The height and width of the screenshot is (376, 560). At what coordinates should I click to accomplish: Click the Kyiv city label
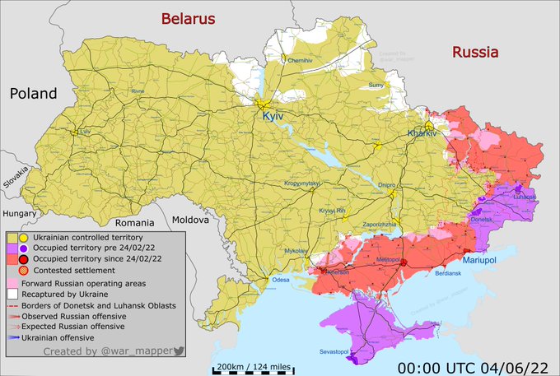point(273,118)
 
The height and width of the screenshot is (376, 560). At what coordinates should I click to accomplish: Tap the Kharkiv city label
point(421,133)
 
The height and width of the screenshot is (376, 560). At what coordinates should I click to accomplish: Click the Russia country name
point(475,52)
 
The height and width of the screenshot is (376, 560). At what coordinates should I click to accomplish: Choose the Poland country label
point(33,93)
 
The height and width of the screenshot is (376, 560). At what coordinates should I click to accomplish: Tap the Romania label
point(134,223)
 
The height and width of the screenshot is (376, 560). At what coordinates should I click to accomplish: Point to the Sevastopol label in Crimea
point(338,354)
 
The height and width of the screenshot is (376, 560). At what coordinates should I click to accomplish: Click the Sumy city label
point(376,85)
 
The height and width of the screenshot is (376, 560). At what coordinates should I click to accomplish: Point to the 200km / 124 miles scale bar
point(253,367)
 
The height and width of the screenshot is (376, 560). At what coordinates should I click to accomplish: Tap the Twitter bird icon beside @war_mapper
point(179,350)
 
